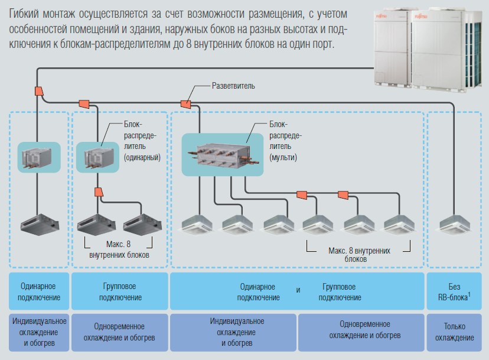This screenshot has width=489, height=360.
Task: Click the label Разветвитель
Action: point(233,86)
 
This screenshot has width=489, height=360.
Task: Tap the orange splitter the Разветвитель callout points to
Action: point(185,104)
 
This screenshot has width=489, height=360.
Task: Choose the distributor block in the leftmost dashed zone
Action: point(38,157)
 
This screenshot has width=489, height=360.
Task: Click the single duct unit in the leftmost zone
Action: point(38,225)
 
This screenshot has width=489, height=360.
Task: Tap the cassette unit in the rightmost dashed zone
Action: point(454,223)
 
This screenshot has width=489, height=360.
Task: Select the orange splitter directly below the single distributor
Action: point(99,193)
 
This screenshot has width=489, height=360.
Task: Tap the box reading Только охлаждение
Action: point(455,332)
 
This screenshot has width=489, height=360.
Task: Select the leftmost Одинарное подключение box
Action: point(38,291)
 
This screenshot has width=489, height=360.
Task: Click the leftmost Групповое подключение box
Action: point(120,291)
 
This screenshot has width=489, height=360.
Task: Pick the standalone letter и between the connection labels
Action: point(298,290)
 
